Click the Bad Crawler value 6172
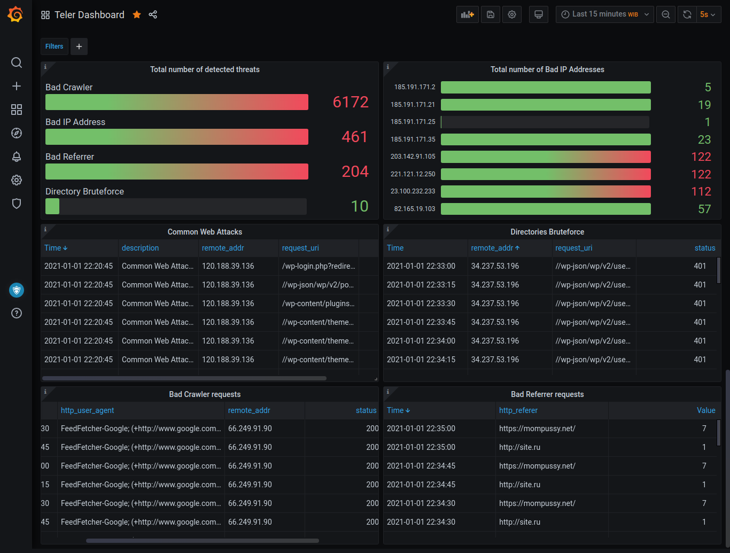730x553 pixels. tap(351, 102)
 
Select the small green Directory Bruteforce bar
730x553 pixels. tap(52, 206)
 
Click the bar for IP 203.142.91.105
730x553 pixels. tap(545, 157)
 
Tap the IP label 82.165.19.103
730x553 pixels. tap(415, 209)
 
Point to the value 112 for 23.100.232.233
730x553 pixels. tap(701, 192)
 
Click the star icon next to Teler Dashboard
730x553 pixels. tap(137, 15)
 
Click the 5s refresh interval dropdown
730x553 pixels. tap(708, 14)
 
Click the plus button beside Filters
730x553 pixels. tap(79, 46)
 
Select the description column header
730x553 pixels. tap(140, 248)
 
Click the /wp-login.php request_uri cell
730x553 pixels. tap(319, 266)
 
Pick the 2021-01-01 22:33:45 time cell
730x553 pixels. tap(421, 322)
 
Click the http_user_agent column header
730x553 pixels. tap(88, 410)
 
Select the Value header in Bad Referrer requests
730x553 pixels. tap(705, 410)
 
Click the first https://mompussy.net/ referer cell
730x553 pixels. tap(537, 429)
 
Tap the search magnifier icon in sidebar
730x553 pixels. tap(17, 63)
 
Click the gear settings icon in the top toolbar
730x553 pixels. tap(512, 14)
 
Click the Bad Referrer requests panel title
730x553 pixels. tap(547, 394)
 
